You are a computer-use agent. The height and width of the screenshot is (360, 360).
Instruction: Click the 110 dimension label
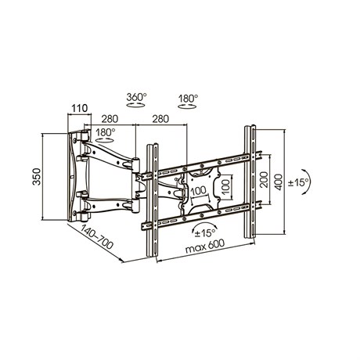80,108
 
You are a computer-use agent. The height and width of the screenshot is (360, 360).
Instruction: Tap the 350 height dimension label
37,177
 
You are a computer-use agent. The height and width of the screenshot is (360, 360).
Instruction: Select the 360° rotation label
136,97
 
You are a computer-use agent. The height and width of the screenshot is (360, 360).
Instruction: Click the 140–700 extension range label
97,236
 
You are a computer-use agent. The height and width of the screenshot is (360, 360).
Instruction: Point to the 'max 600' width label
205,247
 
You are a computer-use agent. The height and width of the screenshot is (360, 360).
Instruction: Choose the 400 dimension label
279,182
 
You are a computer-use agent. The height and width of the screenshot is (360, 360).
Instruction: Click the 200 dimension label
264,179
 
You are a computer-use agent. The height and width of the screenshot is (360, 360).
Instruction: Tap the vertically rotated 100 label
226,186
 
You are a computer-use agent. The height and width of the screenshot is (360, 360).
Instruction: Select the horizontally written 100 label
199,191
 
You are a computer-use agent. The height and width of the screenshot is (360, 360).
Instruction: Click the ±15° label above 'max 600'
206,233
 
